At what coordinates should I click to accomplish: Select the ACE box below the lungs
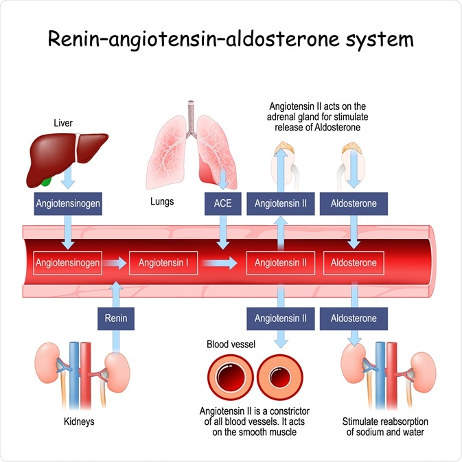point(222,204)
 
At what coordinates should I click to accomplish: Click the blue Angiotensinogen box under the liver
point(68,204)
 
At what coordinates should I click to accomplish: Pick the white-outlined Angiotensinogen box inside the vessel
point(68,262)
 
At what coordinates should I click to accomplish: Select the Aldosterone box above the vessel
point(354,204)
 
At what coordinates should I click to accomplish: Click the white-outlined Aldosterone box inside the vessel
point(354,262)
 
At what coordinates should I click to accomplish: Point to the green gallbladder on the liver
point(45,182)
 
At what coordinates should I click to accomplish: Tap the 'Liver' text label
point(63,124)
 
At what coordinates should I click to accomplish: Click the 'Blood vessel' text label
point(231,343)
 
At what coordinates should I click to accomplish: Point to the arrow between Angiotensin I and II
point(220,262)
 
